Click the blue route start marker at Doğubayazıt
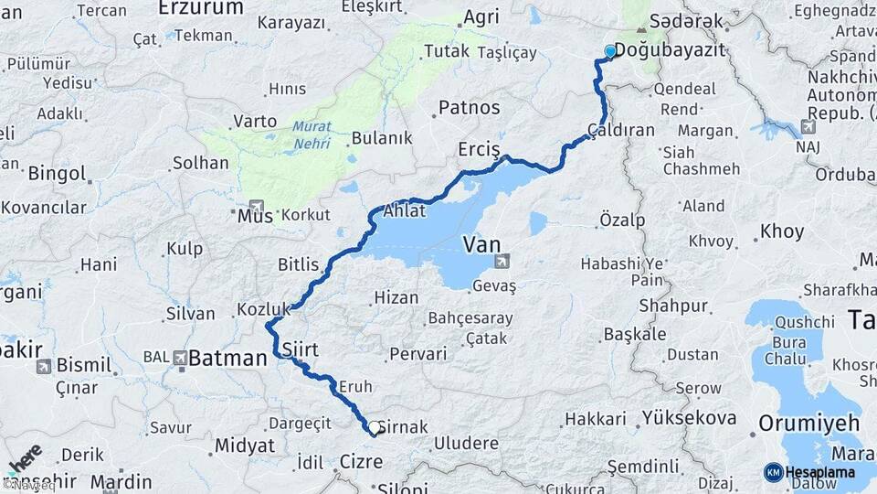tap(610, 51)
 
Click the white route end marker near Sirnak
tap(374, 427)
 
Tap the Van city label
tap(481, 243)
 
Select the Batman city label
tap(227, 358)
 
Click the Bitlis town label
tap(298, 265)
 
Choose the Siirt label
tap(300, 349)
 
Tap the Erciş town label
tap(480, 150)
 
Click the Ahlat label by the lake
tap(404, 210)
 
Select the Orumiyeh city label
tap(809, 423)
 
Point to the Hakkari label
tap(595, 419)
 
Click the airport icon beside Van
tap(502, 263)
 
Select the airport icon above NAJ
tap(807, 126)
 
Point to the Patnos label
tap(470, 108)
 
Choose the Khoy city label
tap(782, 231)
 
